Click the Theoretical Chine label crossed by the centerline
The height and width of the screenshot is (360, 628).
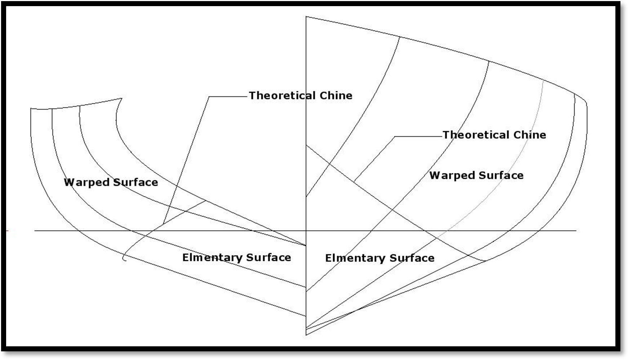click(300, 95)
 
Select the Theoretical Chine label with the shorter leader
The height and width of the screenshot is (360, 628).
click(494, 135)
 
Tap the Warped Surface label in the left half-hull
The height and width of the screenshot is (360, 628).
click(111, 182)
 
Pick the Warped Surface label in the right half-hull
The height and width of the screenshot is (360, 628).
click(476, 175)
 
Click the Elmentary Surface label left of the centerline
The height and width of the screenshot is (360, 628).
click(236, 257)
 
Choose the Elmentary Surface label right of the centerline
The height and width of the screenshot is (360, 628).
click(380, 258)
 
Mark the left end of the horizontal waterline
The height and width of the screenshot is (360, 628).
click(35, 230)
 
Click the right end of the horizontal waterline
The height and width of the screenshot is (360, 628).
click(576, 230)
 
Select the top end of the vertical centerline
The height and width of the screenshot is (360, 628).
click(306, 17)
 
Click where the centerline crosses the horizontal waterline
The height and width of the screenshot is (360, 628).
click(306, 230)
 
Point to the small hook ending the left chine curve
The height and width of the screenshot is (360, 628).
click(124, 258)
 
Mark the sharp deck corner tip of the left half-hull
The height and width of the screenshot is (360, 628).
click(121, 98)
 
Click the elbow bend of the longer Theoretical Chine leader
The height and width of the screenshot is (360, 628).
click(209, 97)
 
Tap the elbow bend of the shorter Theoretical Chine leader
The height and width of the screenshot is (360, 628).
click(395, 136)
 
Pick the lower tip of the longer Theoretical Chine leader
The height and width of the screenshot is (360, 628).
click(163, 224)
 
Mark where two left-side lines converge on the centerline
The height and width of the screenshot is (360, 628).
click(306, 245)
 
